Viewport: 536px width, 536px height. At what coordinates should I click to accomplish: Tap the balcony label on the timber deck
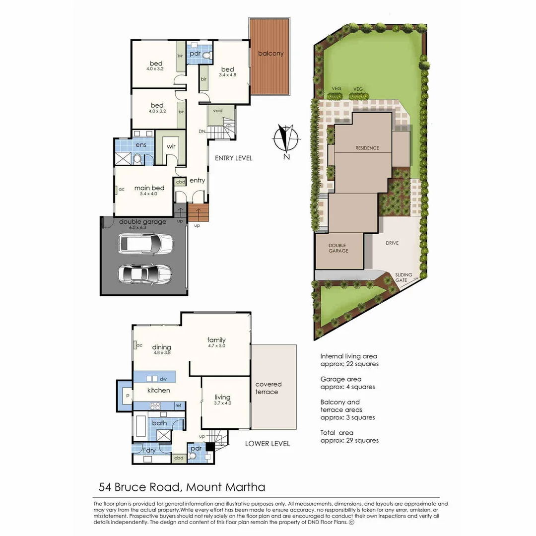pyautogui.click(x=270, y=54)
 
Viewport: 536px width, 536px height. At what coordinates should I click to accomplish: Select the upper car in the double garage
pyautogui.click(x=145, y=244)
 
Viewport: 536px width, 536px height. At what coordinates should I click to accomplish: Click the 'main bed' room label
pyautogui.click(x=149, y=188)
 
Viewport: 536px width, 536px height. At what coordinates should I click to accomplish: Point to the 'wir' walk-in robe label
pyautogui.click(x=171, y=146)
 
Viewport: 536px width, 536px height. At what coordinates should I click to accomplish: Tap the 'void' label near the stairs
pyautogui.click(x=218, y=111)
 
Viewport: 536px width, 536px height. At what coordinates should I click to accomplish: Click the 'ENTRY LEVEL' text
pyautogui.click(x=233, y=158)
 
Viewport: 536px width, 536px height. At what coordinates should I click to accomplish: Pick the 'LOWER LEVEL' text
pyautogui.click(x=268, y=443)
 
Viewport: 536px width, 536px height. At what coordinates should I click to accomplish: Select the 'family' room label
pyautogui.click(x=216, y=340)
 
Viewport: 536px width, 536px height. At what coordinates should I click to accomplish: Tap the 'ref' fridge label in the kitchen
pyautogui.click(x=177, y=405)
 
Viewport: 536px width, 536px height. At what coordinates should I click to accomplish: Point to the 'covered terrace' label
pyautogui.click(x=268, y=388)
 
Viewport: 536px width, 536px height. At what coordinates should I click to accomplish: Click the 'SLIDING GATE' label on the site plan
pyautogui.click(x=402, y=277)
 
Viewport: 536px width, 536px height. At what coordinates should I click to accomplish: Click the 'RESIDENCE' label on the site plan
pyautogui.click(x=367, y=148)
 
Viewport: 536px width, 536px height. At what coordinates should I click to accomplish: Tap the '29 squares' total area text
pyautogui.click(x=361, y=440)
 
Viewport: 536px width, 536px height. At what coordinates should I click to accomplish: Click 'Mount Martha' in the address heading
pyautogui.click(x=226, y=487)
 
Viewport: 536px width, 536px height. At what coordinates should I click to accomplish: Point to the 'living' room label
pyautogui.click(x=222, y=397)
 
